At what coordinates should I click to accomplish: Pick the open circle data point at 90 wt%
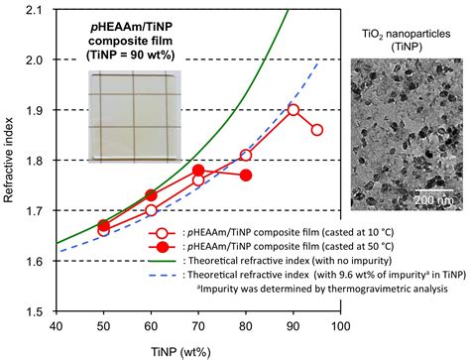[x=294, y=110]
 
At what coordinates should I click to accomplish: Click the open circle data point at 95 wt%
[x=317, y=130]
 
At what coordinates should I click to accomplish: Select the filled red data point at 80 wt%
[x=246, y=176]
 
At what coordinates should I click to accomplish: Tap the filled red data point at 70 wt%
[x=198, y=171]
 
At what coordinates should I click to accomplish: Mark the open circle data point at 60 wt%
[x=151, y=210]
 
